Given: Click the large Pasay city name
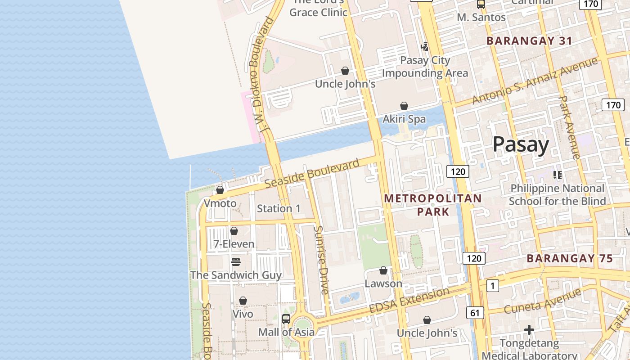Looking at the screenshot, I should (x=521, y=144).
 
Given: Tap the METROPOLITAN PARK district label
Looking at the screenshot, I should (x=432, y=205).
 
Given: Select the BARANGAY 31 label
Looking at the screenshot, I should (x=529, y=41).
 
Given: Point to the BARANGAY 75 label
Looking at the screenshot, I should (x=569, y=259).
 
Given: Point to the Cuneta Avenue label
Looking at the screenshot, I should (x=542, y=302).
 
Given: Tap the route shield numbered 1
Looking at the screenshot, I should (x=492, y=285).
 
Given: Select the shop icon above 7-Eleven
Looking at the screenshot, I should (x=234, y=231).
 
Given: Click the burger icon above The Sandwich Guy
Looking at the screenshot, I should (x=236, y=261).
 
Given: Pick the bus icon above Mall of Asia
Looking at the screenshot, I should (x=286, y=319).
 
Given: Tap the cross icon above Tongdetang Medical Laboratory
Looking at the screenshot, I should (x=529, y=330).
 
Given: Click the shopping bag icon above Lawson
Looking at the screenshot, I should (x=383, y=270).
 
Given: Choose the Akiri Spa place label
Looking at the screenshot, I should (x=404, y=119).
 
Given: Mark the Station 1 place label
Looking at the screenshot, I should (x=279, y=208).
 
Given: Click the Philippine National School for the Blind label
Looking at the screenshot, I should (x=557, y=194).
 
